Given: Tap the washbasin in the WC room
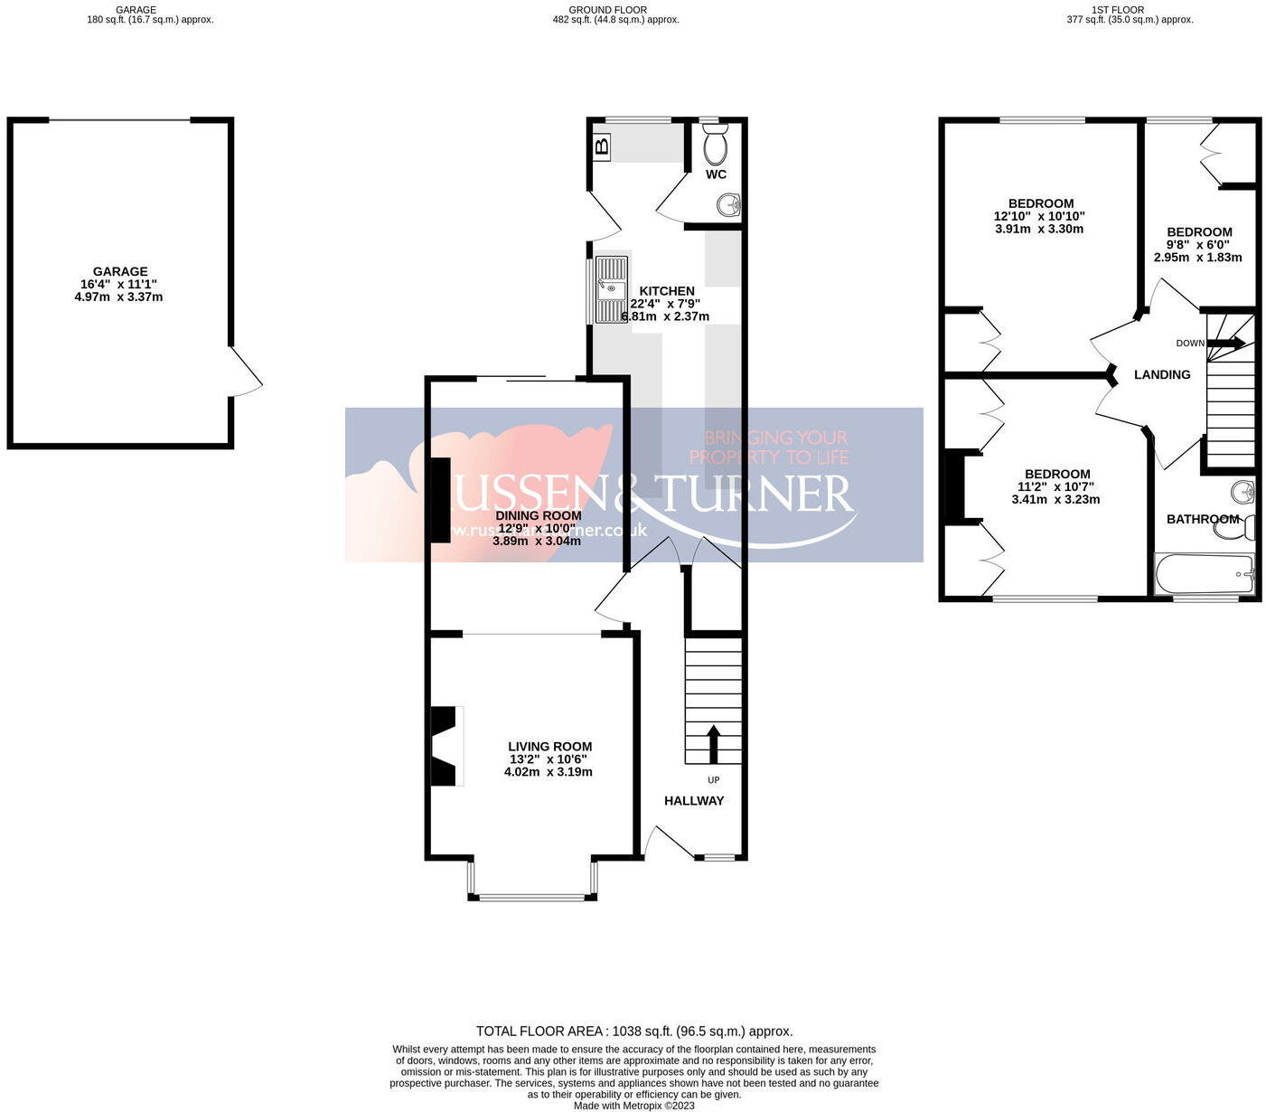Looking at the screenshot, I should click(x=728, y=206).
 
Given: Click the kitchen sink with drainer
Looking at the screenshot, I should click(x=611, y=289).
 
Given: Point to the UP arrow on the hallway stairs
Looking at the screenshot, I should click(x=712, y=743).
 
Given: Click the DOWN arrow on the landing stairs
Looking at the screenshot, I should click(x=1226, y=343).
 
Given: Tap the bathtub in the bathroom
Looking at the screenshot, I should click(x=1205, y=573).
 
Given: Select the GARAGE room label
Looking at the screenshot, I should click(x=120, y=271).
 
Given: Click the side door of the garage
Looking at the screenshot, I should click(x=245, y=371).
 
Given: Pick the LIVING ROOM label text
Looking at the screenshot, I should click(x=549, y=747).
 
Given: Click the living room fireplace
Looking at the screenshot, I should click(x=445, y=746).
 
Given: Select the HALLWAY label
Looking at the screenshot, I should click(x=694, y=800).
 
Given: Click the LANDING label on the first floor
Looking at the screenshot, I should click(x=1162, y=374).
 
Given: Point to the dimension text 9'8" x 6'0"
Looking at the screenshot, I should click(x=1198, y=244).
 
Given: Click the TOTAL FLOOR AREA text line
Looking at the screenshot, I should click(x=634, y=1031).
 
